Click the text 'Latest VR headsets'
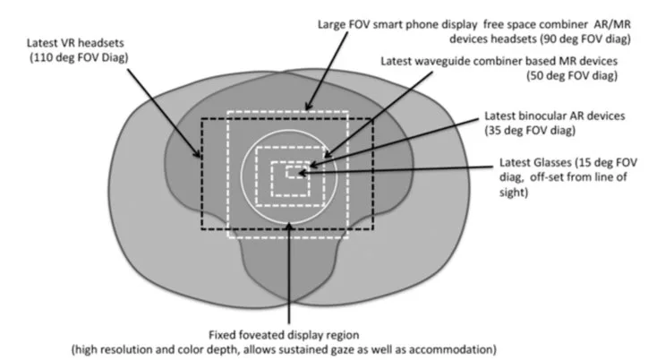[x=75, y=43]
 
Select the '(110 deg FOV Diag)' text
[x=79, y=57]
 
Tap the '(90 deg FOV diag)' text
[x=586, y=39]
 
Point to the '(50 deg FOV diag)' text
[x=573, y=75]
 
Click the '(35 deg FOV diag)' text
[x=530, y=131]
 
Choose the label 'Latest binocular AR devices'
[x=555, y=116]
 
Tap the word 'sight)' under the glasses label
[x=514, y=193]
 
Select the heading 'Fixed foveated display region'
[x=284, y=335]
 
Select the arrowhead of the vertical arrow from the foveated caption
[x=289, y=226]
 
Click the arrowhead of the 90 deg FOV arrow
[x=308, y=107]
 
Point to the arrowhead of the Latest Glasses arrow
[x=302, y=173]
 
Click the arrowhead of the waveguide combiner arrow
[x=327, y=155]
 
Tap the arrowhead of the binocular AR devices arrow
[x=313, y=166]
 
